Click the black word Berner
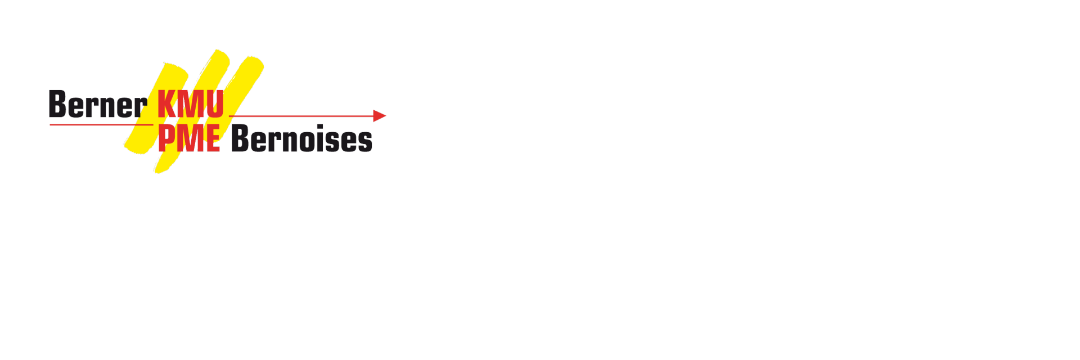pos(98,104)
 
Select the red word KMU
pos(191,104)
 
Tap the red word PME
pos(189,138)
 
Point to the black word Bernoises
pos(301,138)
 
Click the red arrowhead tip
pos(386,116)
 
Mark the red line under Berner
pos(101,124)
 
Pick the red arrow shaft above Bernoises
pos(301,116)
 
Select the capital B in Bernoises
pos(240,138)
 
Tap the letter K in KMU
pos(167,104)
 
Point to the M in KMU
pos(192,104)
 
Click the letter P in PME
pos(166,138)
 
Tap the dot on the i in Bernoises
pos(320,127)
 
